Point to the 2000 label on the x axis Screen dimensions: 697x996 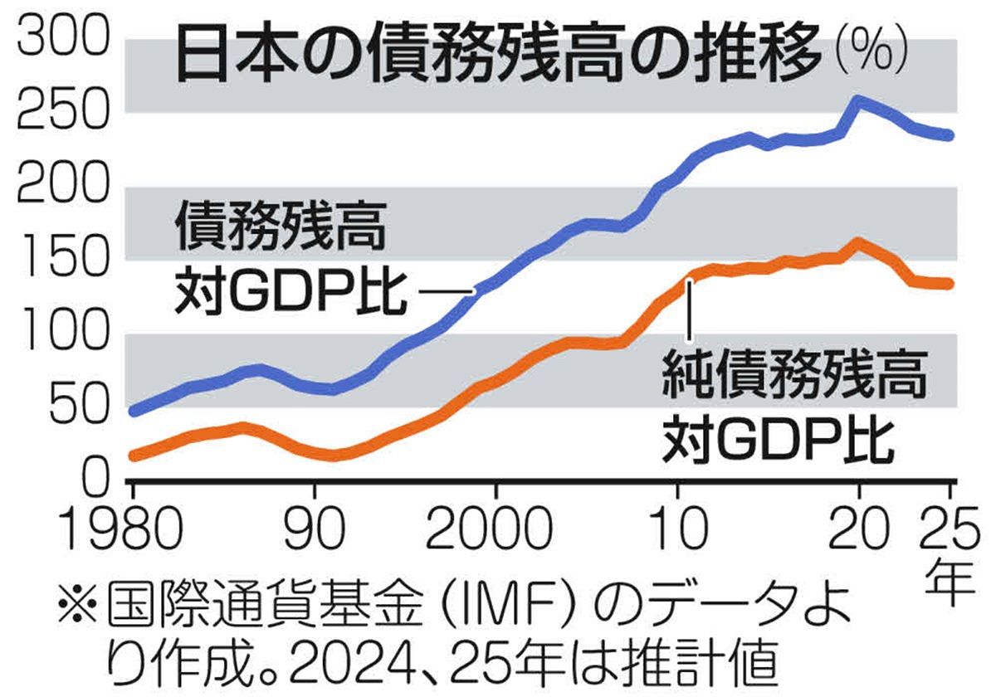tap(496, 526)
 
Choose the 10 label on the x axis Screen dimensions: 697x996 tap(679, 526)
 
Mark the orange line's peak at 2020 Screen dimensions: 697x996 tap(858, 243)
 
